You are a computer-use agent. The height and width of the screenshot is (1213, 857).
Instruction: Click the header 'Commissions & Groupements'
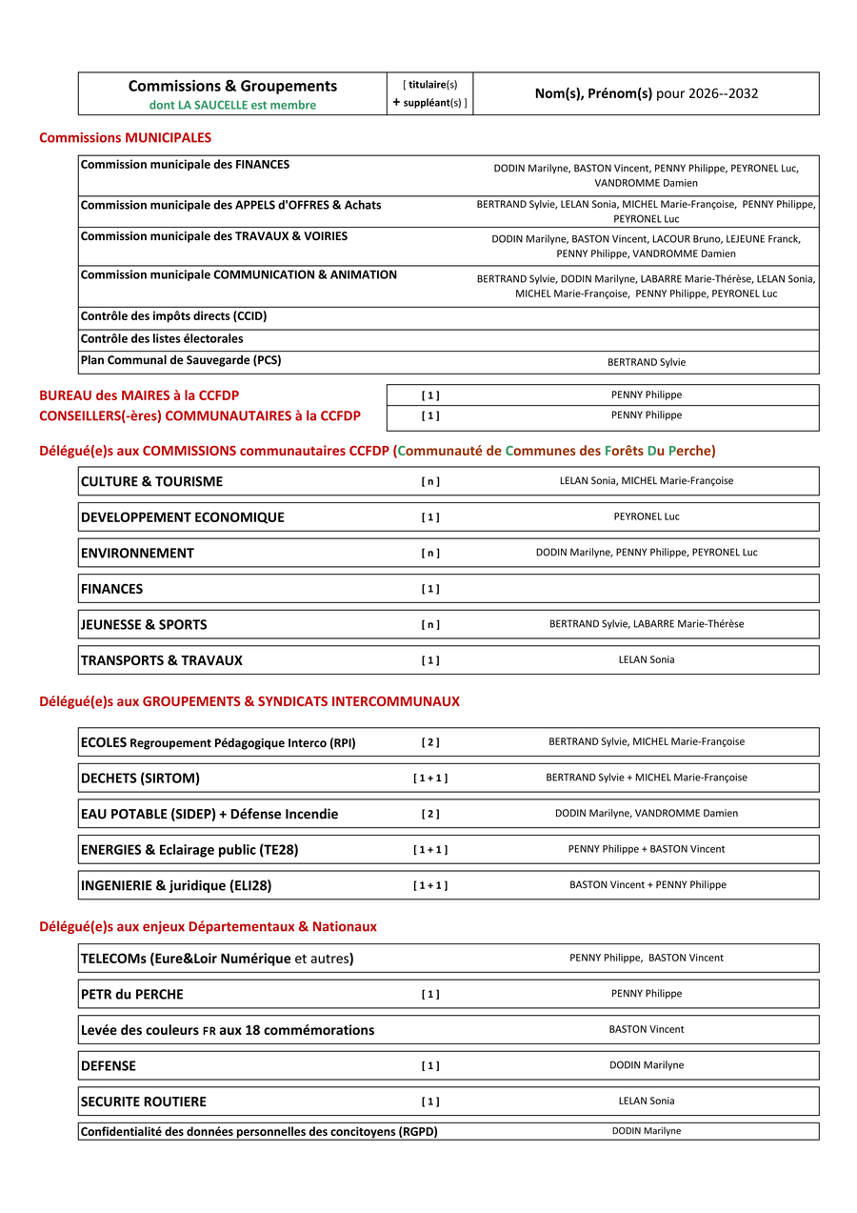coord(232,86)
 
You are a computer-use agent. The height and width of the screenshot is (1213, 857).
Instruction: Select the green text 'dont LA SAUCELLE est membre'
coord(232,105)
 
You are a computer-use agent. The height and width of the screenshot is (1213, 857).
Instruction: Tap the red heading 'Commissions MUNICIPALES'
coord(125,138)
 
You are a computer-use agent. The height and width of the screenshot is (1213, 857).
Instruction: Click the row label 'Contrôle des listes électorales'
coord(162,338)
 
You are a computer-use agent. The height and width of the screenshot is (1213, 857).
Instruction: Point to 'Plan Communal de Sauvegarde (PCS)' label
coord(181,360)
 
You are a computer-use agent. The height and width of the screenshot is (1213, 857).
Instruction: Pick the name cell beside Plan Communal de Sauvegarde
coord(647,362)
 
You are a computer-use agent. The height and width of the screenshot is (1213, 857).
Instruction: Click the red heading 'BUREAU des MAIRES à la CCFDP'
coord(139,395)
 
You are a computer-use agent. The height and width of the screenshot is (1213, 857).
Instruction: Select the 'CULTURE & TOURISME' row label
coord(151,481)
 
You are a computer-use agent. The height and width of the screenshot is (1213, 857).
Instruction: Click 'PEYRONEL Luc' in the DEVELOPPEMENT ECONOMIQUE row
coord(647,516)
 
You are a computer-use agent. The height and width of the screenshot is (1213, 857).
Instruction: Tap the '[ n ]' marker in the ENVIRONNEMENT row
coord(430,553)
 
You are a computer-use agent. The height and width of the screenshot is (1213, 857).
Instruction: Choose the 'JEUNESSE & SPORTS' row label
coord(144,625)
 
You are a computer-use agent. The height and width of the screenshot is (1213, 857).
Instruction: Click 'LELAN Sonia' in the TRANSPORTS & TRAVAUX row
coord(647,659)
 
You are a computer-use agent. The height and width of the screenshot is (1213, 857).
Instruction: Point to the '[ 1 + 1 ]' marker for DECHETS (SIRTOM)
coord(430,778)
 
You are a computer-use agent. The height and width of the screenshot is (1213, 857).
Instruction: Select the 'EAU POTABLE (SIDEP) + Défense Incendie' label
coord(209,814)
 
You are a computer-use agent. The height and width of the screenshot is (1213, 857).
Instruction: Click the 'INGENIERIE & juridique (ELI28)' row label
coord(176,885)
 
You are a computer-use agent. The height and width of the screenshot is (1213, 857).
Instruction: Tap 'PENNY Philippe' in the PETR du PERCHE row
coord(647,993)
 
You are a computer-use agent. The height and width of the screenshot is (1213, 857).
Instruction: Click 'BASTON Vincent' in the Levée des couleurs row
coord(647,1029)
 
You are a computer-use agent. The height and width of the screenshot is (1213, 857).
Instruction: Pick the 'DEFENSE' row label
coord(109,1066)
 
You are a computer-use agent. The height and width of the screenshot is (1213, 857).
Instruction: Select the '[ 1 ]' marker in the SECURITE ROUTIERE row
coord(430,1102)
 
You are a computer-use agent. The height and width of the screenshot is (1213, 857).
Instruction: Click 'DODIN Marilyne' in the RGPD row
coord(647,1131)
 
